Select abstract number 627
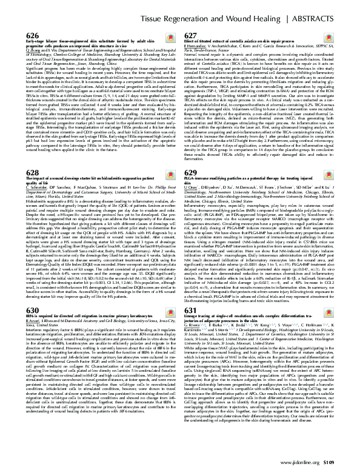click(x=192, y=35)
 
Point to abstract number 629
click(x=192, y=156)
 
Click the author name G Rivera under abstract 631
click(x=196, y=326)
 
